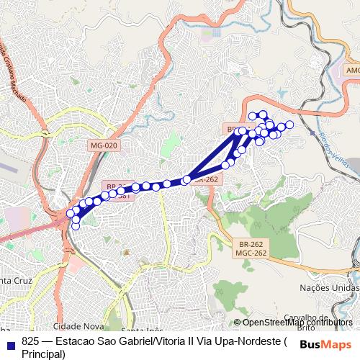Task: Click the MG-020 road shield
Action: point(104,145)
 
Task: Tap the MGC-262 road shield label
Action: point(250,253)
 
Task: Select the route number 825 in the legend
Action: point(30,341)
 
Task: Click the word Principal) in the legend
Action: point(43,354)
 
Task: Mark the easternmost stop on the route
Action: point(289,125)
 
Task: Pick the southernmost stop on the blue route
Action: point(76,227)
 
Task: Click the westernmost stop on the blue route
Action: point(71,213)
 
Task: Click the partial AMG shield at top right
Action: point(352,70)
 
